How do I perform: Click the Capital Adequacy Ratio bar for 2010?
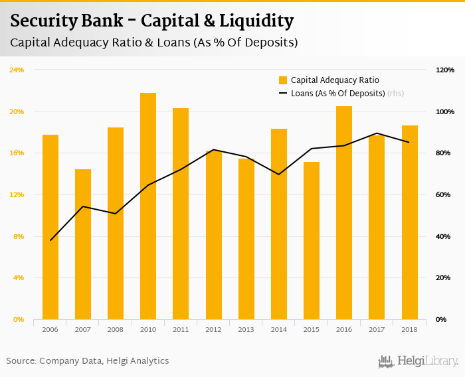pyautogui.click(x=148, y=206)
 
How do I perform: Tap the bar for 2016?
pyautogui.click(x=344, y=212)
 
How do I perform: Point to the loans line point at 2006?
pyautogui.click(x=50, y=240)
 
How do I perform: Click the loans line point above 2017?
pyautogui.click(x=377, y=133)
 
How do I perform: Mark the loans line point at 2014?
pyautogui.click(x=279, y=175)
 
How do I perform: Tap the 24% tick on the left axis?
pyautogui.click(x=17, y=70)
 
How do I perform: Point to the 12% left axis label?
pyautogui.click(x=17, y=194)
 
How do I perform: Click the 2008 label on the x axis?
pyautogui.click(x=116, y=329)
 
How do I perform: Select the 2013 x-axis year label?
pyautogui.click(x=246, y=329)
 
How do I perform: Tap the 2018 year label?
pyautogui.click(x=409, y=329)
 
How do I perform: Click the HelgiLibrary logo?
pyautogui.click(x=418, y=361)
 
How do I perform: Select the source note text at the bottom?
pyautogui.click(x=88, y=361)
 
